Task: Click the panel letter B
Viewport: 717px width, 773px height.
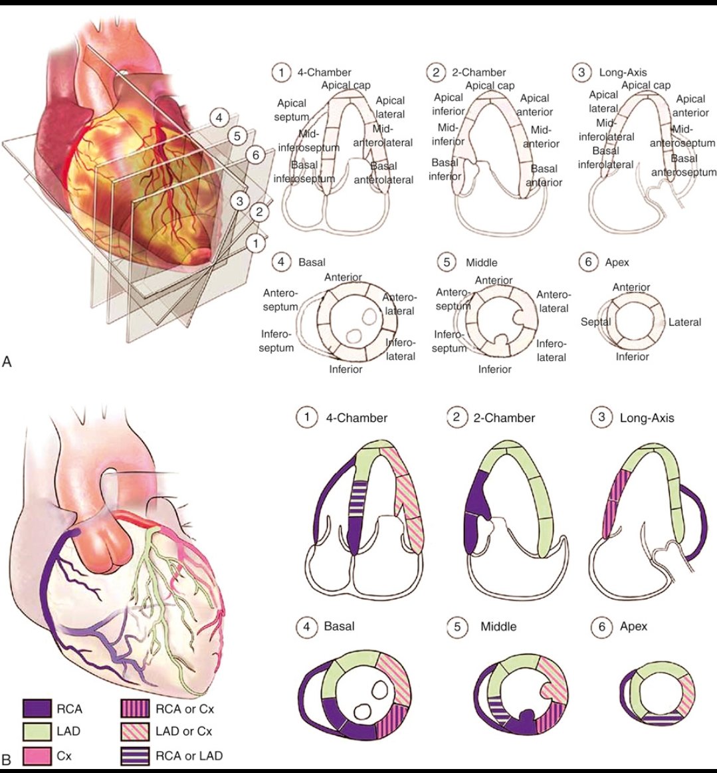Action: coord(7,758)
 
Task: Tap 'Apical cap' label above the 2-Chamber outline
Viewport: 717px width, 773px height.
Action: coord(490,85)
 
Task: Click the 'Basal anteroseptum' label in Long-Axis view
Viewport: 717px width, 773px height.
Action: coord(684,166)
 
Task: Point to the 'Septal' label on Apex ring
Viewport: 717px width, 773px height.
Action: coord(595,322)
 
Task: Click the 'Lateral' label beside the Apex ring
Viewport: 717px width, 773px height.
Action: coord(684,322)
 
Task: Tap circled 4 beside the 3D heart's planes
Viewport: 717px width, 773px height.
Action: coord(217,118)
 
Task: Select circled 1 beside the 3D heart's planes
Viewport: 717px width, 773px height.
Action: coord(255,243)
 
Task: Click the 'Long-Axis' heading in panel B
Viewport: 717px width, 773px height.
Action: coord(647,418)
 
